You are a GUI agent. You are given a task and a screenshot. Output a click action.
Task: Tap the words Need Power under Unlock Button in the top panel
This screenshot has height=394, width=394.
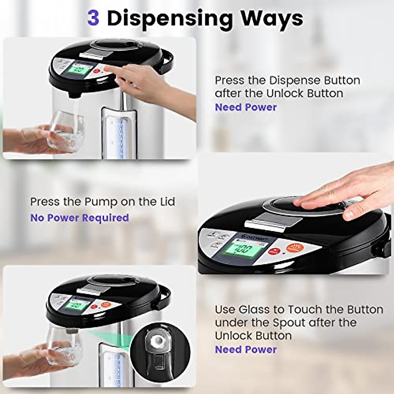click(x=246, y=107)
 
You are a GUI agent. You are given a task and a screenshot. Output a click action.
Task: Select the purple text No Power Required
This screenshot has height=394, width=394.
click(x=79, y=218)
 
